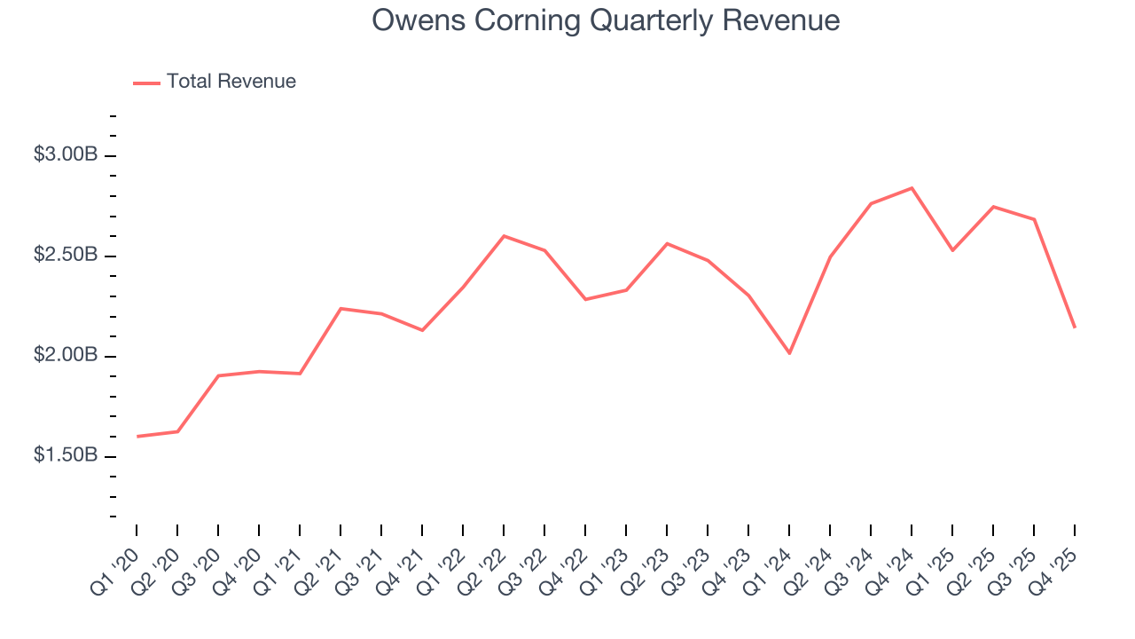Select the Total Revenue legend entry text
(231, 82)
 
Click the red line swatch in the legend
(146, 83)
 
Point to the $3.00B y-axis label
(66, 154)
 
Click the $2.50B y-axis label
(66, 256)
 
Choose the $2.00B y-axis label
(66, 356)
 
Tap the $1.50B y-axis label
(66, 455)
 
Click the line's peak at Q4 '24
(912, 188)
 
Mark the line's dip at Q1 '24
(789, 353)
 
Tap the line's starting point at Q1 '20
(137, 437)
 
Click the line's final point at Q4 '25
(1075, 327)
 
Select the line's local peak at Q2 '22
(504, 236)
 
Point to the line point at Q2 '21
(340, 309)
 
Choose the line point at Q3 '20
(218, 375)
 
